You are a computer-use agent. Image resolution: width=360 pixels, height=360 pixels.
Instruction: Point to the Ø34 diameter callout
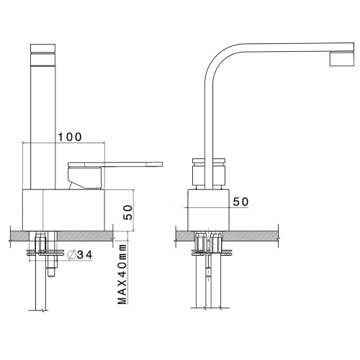(80, 254)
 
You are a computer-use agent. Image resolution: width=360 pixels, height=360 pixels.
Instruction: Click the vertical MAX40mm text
(123, 277)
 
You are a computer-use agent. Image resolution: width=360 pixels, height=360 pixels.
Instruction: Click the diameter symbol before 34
(71, 254)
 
